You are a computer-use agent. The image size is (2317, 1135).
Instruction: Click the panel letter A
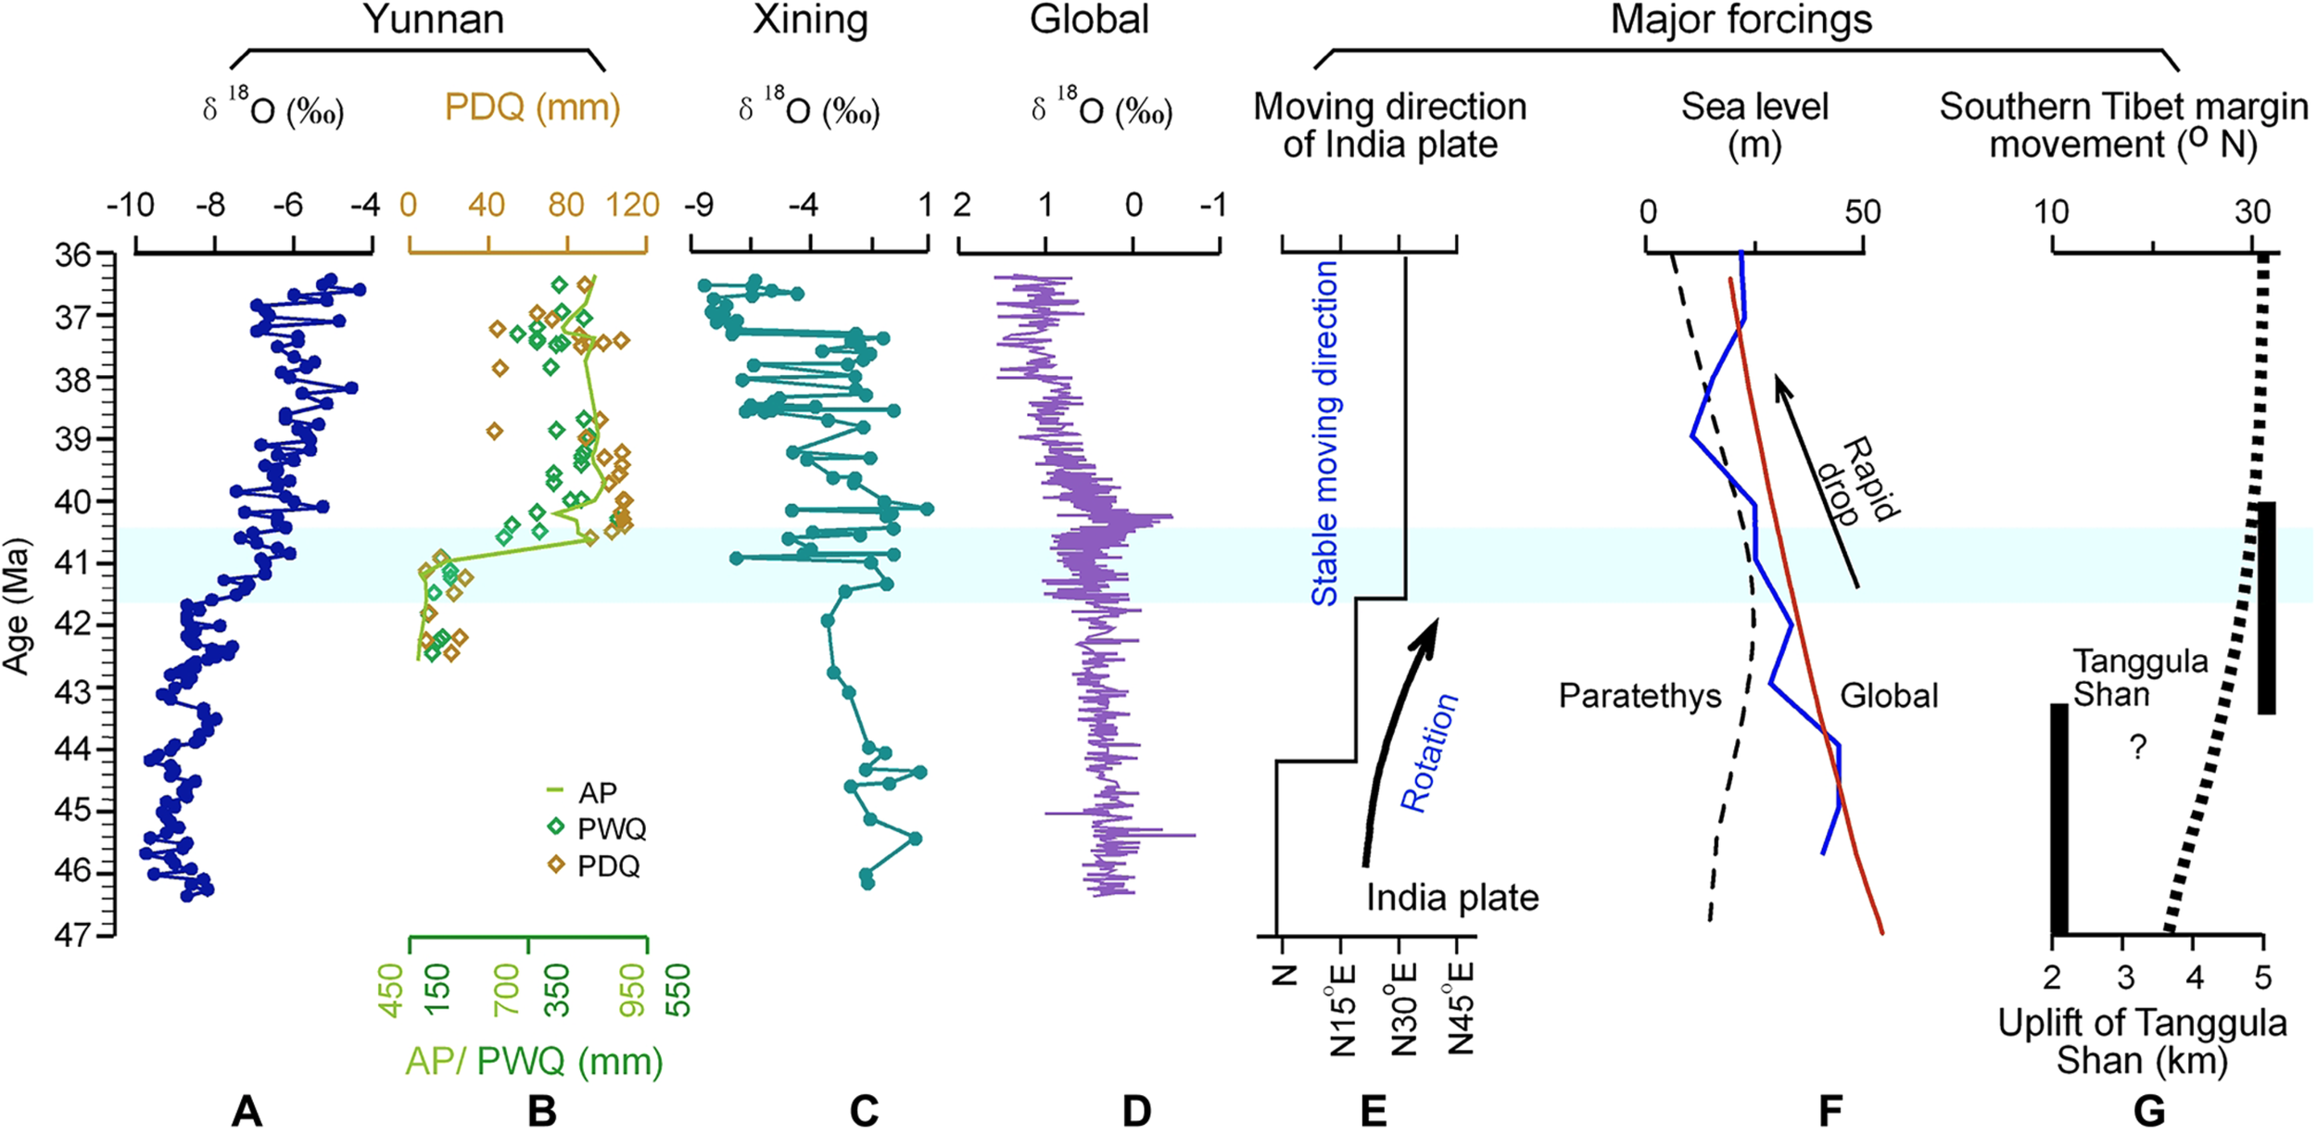pyautogui.click(x=247, y=1110)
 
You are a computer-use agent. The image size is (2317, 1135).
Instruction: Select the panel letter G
pyautogui.click(x=2149, y=1110)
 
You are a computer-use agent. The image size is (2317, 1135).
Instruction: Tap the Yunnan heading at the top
pyautogui.click(x=434, y=19)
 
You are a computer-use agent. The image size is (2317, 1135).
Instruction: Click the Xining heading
pyautogui.click(x=810, y=19)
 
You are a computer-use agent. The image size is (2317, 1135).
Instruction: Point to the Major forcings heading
pyautogui.click(x=1741, y=19)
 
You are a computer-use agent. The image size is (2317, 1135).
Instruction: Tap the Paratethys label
pyautogui.click(x=1640, y=696)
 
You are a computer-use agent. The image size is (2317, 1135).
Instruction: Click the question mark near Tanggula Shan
pyautogui.click(x=2138, y=747)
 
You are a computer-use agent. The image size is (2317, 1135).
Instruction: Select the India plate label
pyautogui.click(x=1452, y=898)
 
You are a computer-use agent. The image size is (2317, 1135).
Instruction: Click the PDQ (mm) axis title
pyautogui.click(x=532, y=107)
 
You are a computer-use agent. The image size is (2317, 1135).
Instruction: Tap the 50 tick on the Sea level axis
pyautogui.click(x=1862, y=211)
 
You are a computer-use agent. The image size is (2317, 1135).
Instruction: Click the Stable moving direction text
pyautogui.click(x=1325, y=433)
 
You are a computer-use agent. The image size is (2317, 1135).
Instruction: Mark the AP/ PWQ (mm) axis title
pyautogui.click(x=534, y=1061)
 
